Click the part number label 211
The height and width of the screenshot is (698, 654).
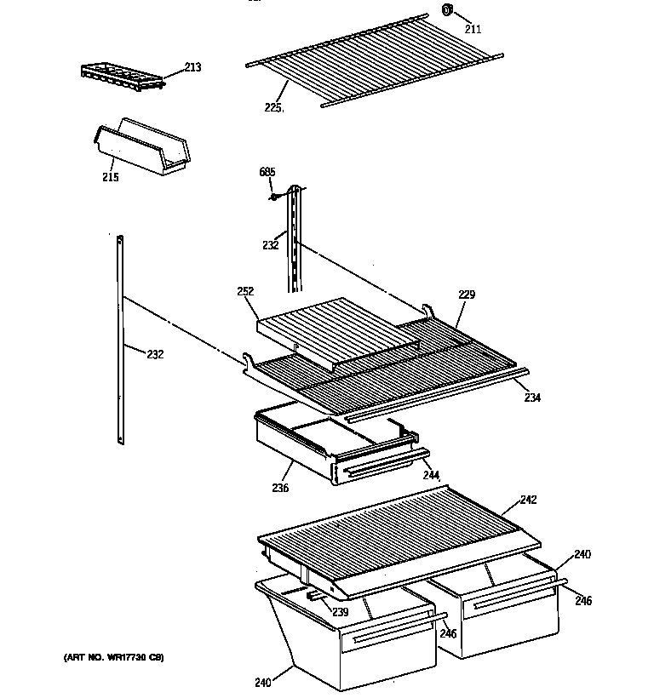472,28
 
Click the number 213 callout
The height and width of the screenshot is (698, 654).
192,67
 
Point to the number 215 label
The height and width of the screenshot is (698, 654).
111,177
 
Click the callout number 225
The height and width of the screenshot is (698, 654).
273,108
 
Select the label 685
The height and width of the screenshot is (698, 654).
267,173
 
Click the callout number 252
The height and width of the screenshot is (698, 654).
245,291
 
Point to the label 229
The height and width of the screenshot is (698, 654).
466,295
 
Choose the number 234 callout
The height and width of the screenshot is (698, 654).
531,397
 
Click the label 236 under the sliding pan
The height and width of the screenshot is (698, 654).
280,488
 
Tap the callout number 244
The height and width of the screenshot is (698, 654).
432,475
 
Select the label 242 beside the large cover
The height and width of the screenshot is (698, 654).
528,500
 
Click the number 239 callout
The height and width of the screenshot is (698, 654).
340,612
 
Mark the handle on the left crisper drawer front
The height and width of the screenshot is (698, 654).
387,632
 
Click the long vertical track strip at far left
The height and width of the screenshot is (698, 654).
121,340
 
